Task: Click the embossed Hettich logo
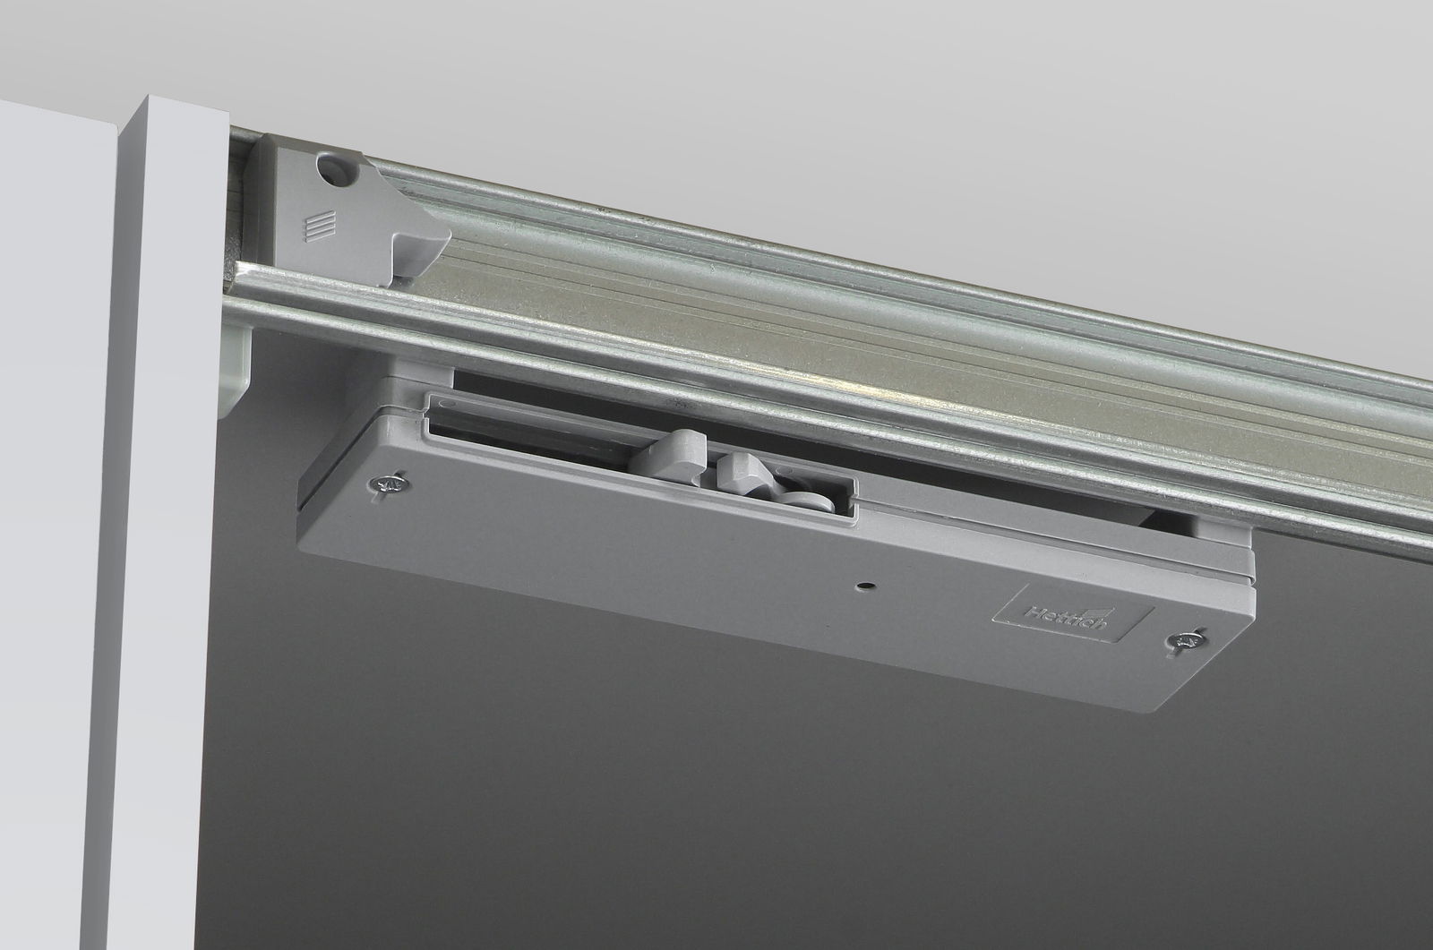pos(1073,613)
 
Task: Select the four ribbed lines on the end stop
pos(319,227)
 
